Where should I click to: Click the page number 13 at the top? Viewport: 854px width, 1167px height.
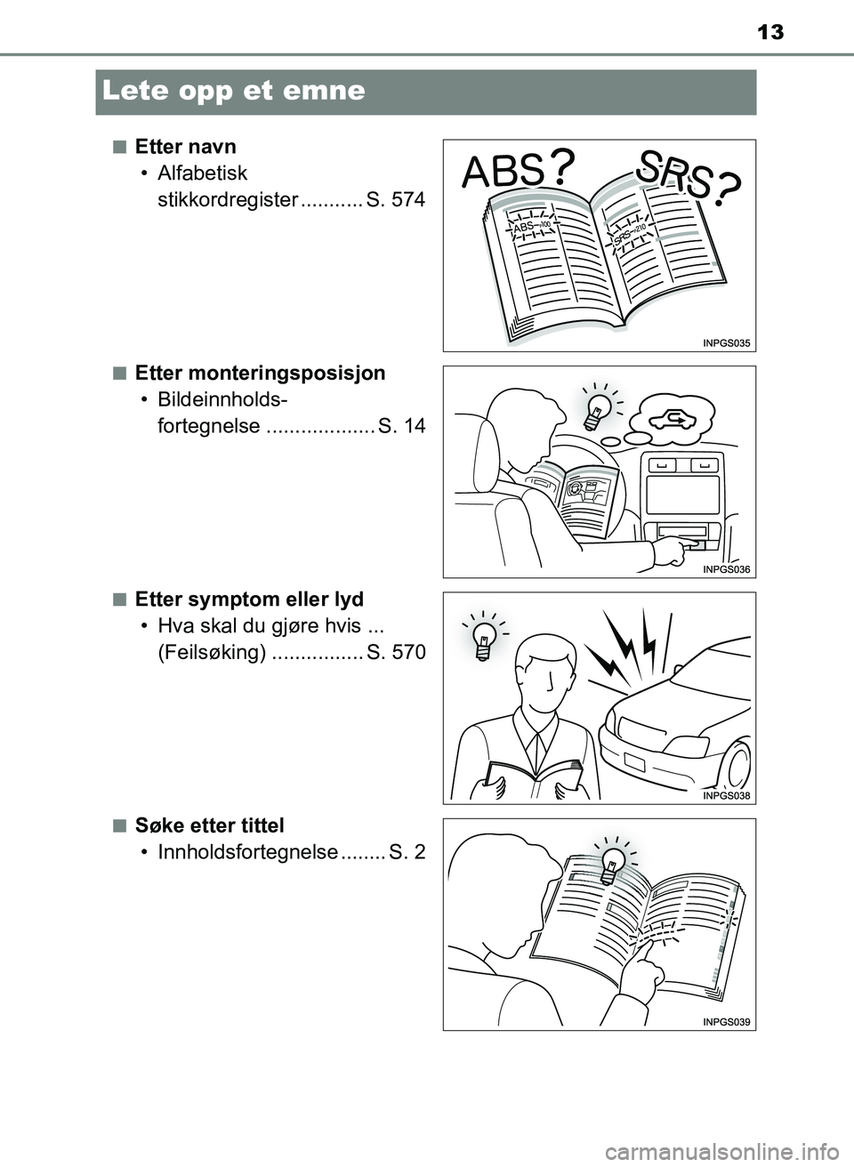click(x=769, y=33)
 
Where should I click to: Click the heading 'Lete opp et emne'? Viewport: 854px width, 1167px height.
click(x=234, y=92)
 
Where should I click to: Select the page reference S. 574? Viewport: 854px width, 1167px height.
click(x=396, y=199)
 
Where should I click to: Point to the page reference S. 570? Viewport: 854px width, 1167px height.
click(x=396, y=652)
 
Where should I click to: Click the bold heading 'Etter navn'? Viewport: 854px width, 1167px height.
click(x=186, y=147)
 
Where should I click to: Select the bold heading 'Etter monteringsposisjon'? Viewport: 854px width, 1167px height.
click(x=260, y=374)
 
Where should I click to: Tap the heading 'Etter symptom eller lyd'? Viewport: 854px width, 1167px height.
click(x=249, y=600)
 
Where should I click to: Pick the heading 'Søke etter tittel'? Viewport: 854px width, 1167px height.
click(x=209, y=825)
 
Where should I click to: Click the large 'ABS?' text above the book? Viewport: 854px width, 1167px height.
click(x=519, y=169)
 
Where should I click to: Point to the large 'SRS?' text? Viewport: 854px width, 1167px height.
click(x=689, y=178)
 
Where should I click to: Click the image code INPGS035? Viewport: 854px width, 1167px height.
click(x=726, y=343)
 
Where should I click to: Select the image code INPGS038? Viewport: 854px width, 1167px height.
click(x=726, y=795)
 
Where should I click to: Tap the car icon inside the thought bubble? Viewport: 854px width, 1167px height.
click(x=668, y=420)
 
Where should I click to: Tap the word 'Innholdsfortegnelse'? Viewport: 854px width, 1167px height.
click(x=248, y=852)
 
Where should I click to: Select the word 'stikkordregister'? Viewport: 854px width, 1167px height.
click(x=229, y=199)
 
